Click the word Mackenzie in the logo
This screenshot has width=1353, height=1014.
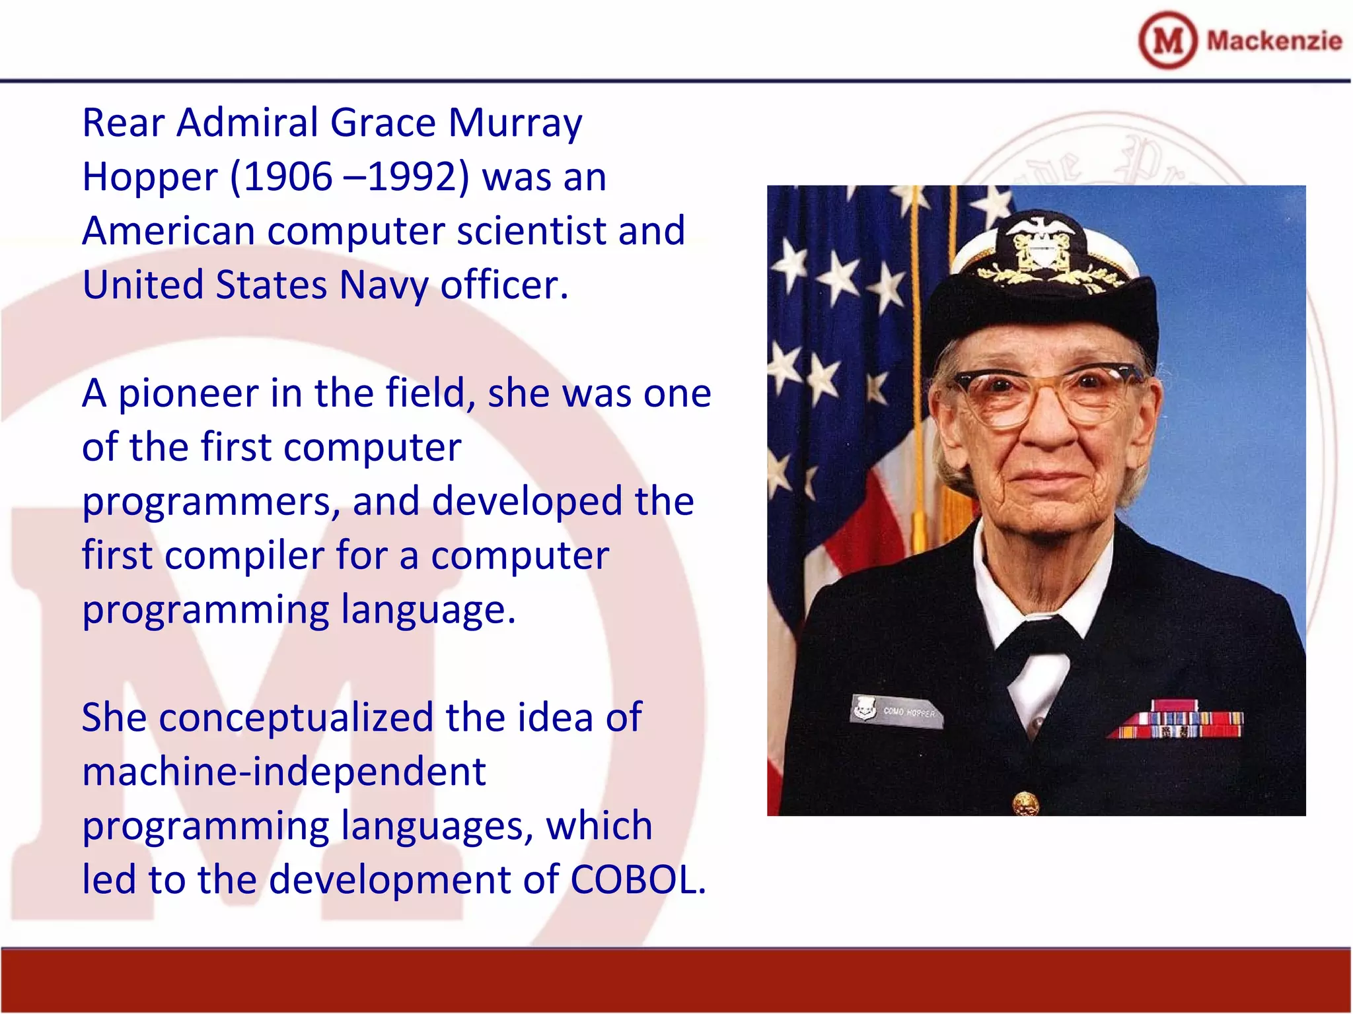(x=1274, y=41)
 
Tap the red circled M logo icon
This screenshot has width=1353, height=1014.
(x=1167, y=41)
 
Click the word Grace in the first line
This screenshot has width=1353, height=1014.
(x=383, y=123)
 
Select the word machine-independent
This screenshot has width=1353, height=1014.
(x=284, y=772)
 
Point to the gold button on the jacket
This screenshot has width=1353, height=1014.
(x=1025, y=803)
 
